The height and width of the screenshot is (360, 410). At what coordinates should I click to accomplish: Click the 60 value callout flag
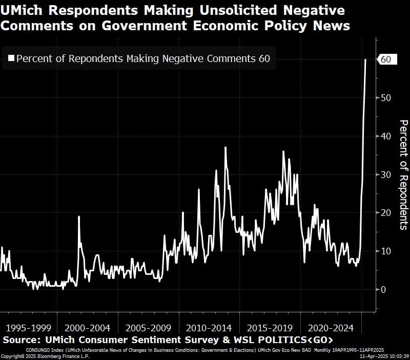pyautogui.click(x=386, y=59)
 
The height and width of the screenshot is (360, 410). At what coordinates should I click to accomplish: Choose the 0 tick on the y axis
pyautogui.click(x=383, y=289)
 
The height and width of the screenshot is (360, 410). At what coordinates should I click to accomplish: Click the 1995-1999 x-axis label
pyautogui.click(x=28, y=328)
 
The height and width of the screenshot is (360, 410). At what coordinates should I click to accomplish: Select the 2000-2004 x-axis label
pyautogui.click(x=89, y=328)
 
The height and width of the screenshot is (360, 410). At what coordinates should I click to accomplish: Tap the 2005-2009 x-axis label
pyautogui.click(x=149, y=328)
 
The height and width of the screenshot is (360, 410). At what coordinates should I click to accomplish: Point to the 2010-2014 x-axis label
pyautogui.click(x=209, y=328)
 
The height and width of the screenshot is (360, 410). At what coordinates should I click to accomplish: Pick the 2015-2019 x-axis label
pyautogui.click(x=270, y=328)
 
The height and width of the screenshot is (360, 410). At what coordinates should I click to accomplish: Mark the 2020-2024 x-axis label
pyautogui.click(x=331, y=328)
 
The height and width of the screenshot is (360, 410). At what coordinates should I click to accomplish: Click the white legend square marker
pyautogui.click(x=11, y=59)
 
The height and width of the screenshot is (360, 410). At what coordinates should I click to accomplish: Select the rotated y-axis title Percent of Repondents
pyautogui.click(x=403, y=174)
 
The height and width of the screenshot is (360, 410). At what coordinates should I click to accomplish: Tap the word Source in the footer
pyautogui.click(x=20, y=341)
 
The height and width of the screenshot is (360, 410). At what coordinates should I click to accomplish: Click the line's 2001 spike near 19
pyautogui.click(x=79, y=217)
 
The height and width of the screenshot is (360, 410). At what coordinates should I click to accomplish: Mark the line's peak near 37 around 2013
pyautogui.click(x=225, y=148)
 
